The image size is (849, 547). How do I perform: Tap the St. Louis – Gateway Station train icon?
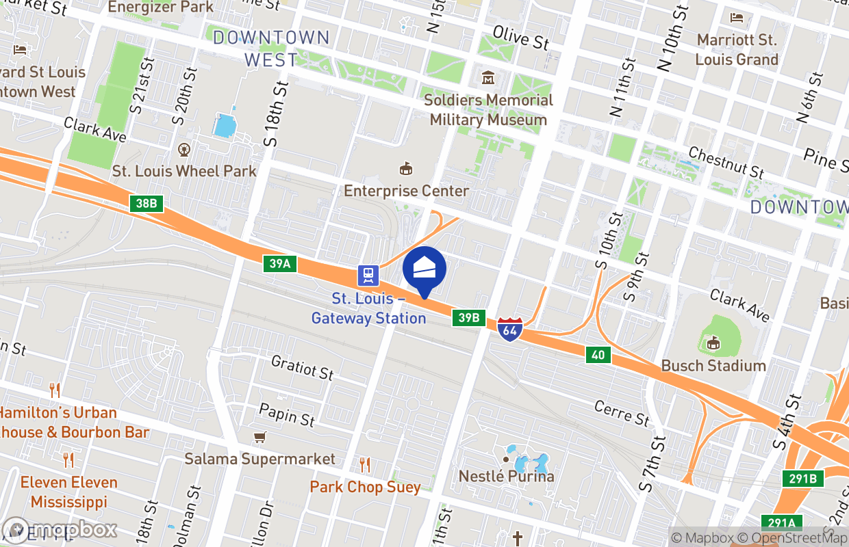(368, 276)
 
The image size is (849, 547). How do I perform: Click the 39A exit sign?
(280, 263)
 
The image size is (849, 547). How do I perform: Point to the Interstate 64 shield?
(509, 329)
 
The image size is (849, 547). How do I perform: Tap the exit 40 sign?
(598, 354)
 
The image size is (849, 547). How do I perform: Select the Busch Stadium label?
(713, 366)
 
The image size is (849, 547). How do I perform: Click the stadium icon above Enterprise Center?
(406, 168)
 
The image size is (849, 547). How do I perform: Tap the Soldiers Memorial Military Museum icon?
(490, 77)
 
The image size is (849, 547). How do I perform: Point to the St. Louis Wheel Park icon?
(183, 149)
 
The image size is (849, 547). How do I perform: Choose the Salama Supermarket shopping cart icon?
(259, 437)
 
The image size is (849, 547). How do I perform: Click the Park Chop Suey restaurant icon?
(365, 465)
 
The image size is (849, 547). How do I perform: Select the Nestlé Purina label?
(507, 476)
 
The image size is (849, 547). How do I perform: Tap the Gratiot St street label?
(302, 367)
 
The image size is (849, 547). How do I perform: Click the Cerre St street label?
(622, 413)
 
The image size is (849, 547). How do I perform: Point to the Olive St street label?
(520, 38)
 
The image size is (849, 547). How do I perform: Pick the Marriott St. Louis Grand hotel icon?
(737, 18)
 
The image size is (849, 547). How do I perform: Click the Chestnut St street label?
(726, 162)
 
